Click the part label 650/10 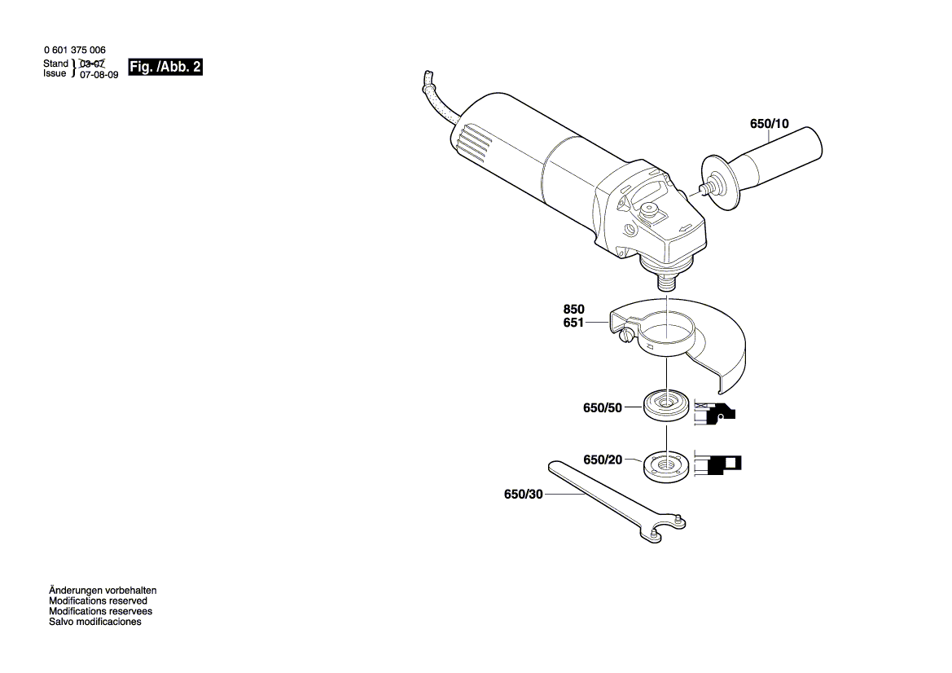[769, 125]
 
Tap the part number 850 [574, 310]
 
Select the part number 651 [574, 323]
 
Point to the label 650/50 [603, 407]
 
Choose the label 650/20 [603, 460]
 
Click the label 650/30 [523, 495]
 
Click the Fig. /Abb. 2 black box [165, 68]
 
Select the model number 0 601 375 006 [74, 51]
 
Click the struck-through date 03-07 [92, 64]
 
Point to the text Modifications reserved [98, 600]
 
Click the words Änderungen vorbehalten [103, 590]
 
